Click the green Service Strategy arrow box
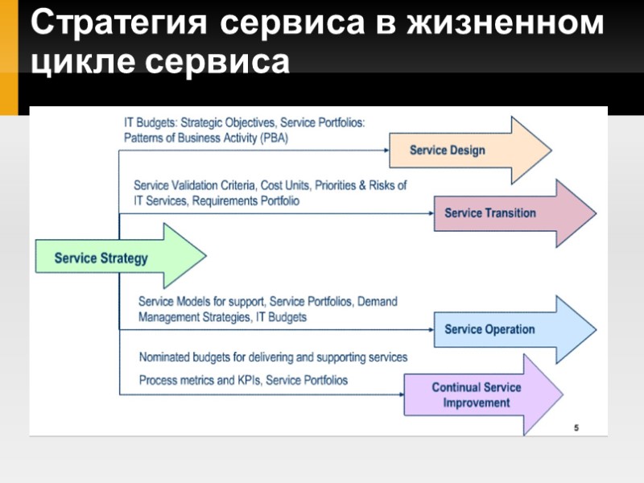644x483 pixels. pyautogui.click(x=101, y=258)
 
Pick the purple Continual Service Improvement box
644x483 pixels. pyautogui.click(x=477, y=394)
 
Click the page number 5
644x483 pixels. pyautogui.click(x=576, y=427)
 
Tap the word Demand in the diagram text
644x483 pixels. pyautogui.click(x=378, y=301)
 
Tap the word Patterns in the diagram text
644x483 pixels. pyautogui.click(x=144, y=138)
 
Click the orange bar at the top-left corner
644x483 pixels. pyautogui.click(x=9, y=56)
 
